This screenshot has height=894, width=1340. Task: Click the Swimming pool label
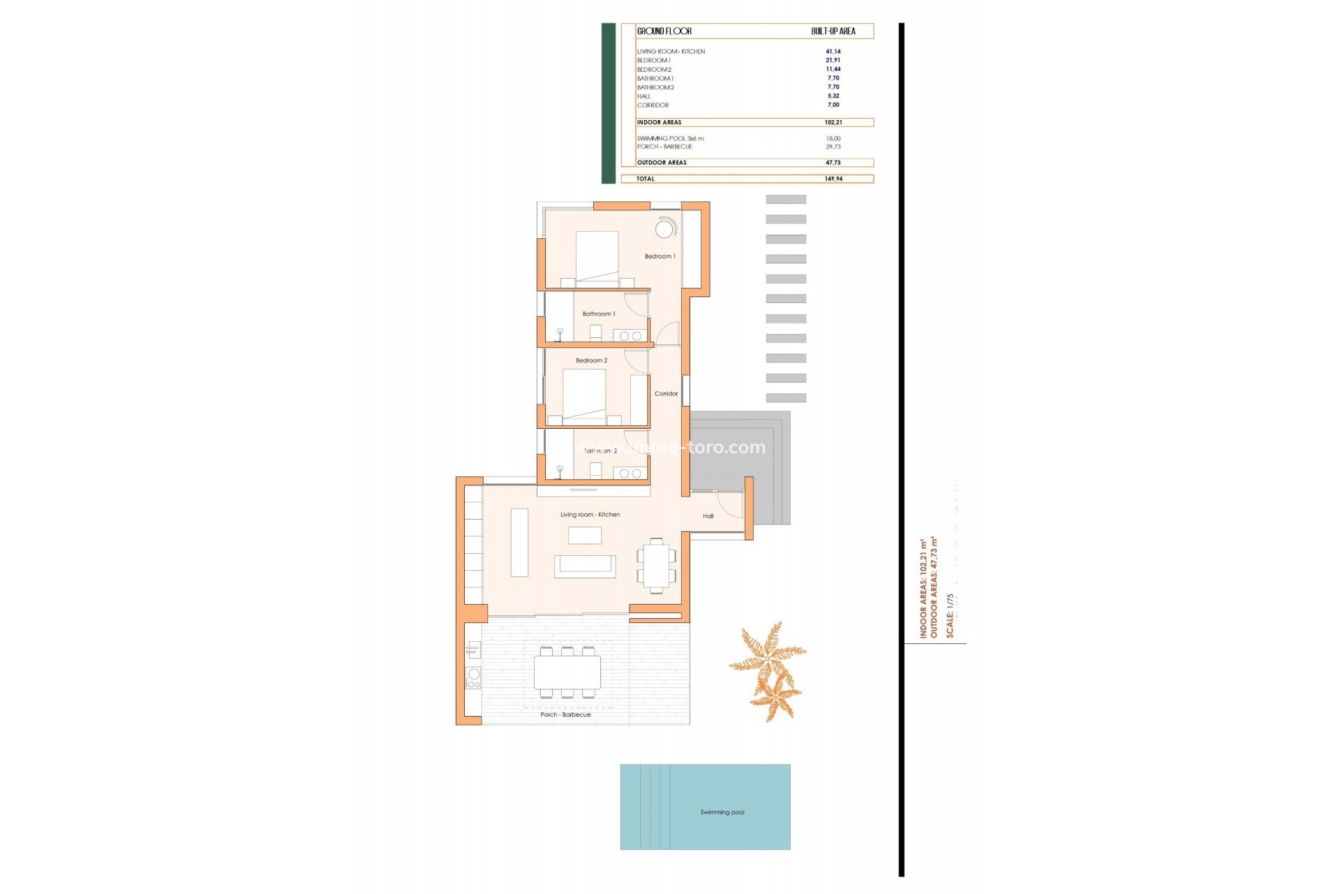[722, 812]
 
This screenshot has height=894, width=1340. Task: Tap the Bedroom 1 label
[660, 256]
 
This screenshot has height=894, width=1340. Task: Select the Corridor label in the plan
[666, 394]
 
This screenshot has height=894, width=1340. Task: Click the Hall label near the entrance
[708, 516]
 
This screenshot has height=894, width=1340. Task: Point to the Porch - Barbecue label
[565, 715]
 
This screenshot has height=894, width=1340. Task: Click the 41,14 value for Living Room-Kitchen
[833, 52]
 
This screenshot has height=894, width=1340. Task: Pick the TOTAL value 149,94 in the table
[833, 179]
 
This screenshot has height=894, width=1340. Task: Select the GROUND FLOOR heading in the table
[664, 31]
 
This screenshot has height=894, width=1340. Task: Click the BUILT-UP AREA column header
[833, 31]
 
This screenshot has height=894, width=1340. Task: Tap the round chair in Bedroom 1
[664, 228]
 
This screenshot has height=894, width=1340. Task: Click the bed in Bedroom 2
[584, 395]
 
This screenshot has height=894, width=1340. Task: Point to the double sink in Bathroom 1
[630, 336]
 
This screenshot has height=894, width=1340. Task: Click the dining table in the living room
[656, 566]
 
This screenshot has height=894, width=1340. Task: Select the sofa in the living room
[585, 566]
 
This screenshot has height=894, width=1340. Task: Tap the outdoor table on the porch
[567, 672]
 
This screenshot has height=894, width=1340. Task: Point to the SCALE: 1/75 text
[950, 615]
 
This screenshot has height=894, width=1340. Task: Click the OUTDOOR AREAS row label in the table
[662, 163]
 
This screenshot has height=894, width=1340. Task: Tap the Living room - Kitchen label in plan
[590, 515]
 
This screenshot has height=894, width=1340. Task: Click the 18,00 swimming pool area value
[833, 138]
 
